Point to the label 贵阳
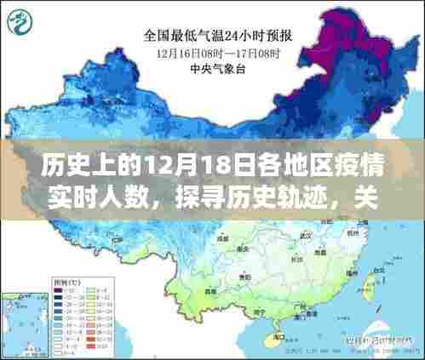click(x=244, y=277)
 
